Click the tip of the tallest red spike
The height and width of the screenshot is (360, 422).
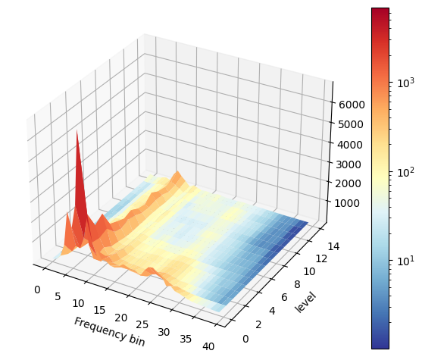tap(77, 130)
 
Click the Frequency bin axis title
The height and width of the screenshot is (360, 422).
tap(109, 331)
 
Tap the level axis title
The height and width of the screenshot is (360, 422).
tap(305, 302)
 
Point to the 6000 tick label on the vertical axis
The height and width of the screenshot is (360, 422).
tap(352, 105)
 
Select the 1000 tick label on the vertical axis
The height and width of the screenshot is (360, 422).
tap(347, 203)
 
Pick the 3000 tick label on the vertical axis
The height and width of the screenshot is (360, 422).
tap(349, 164)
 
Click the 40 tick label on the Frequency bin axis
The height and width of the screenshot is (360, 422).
tap(208, 346)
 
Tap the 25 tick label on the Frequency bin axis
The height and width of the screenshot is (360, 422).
tap(142, 324)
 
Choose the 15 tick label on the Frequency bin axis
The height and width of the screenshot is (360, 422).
tap(99, 311)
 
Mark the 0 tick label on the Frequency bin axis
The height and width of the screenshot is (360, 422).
tap(37, 290)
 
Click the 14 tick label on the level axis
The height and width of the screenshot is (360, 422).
tap(333, 246)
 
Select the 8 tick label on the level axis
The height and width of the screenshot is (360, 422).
tap(297, 284)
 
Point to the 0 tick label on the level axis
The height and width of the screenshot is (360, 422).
tap(245, 339)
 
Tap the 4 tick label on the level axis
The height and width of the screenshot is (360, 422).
tap(272, 311)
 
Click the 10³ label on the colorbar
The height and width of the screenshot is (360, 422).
tap(405, 83)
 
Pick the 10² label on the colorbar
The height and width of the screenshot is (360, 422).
tap(405, 172)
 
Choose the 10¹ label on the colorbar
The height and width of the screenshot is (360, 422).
tap(405, 261)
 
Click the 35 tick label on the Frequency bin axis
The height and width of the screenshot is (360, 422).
tap(186, 339)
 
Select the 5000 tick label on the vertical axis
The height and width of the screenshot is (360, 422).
tap(350, 124)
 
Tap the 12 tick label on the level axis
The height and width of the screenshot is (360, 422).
tap(321, 258)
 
